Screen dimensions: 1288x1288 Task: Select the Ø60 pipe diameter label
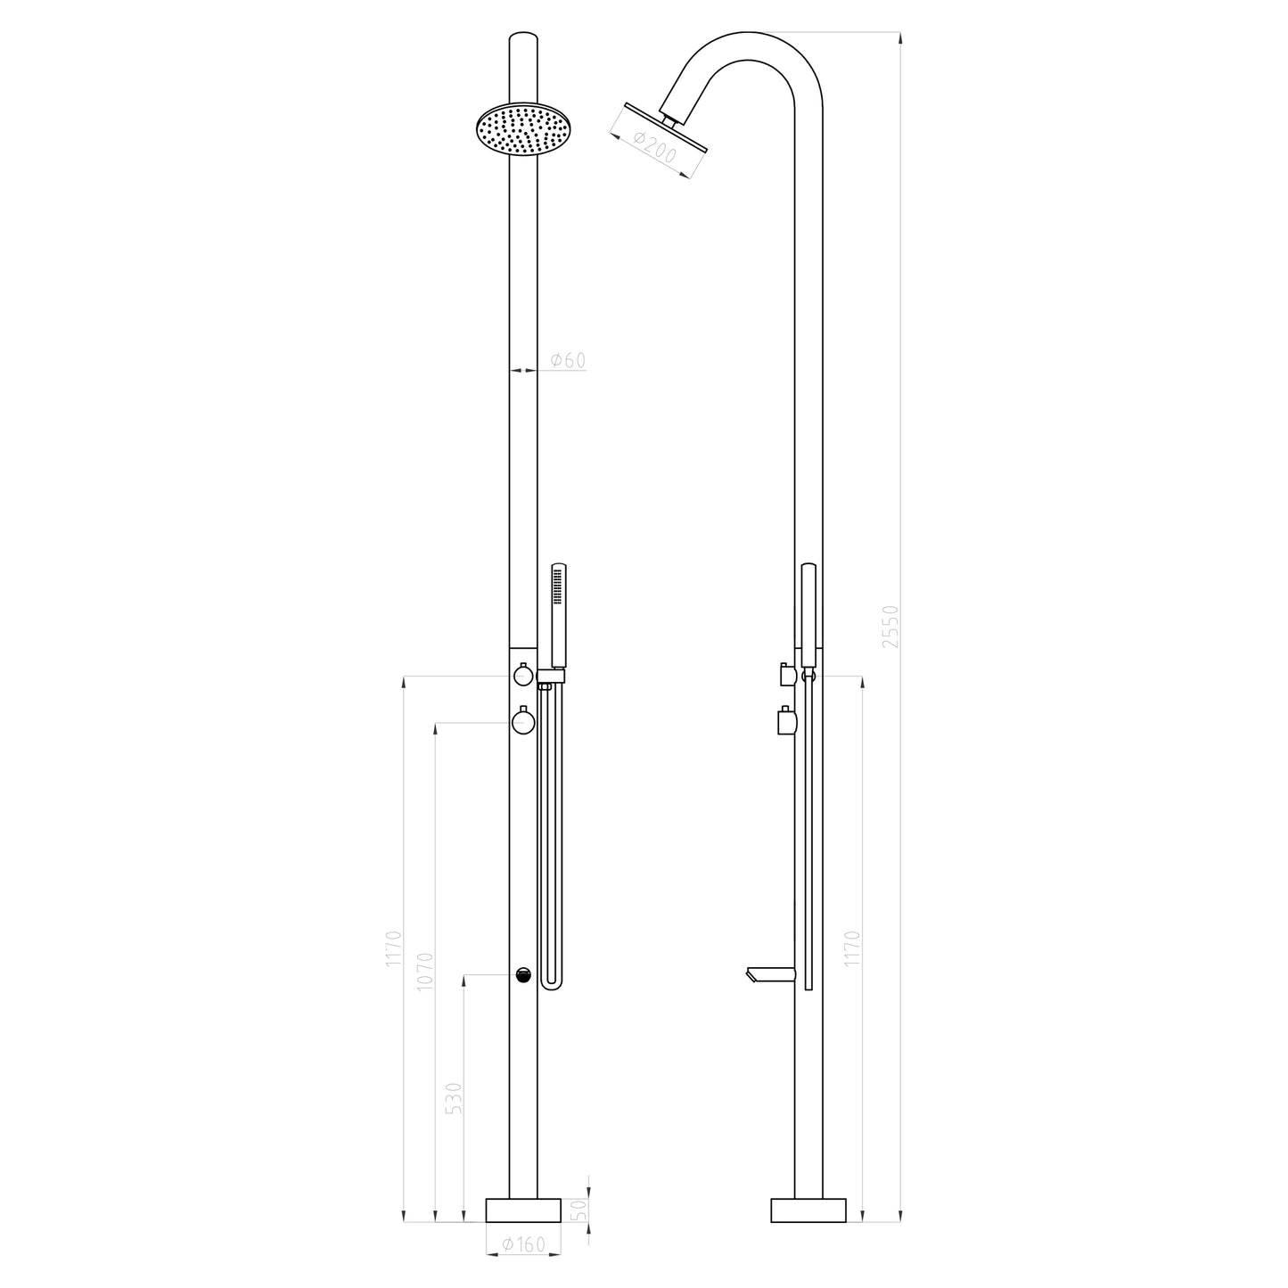tap(568, 360)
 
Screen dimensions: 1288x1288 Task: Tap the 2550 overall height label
tap(888, 626)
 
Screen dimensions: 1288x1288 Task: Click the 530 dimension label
tap(454, 1098)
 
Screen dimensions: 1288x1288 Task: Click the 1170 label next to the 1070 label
tap(394, 949)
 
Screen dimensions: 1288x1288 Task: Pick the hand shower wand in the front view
tap(559, 615)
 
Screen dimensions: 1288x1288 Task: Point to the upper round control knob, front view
tap(522, 677)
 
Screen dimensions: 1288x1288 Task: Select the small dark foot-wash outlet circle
tap(523, 975)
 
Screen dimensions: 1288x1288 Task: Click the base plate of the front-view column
tap(523, 1210)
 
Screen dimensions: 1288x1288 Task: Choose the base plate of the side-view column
tap(808, 1210)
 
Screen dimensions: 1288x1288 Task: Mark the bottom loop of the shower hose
tap(552, 984)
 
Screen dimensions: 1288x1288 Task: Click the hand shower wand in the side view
tap(808, 615)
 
